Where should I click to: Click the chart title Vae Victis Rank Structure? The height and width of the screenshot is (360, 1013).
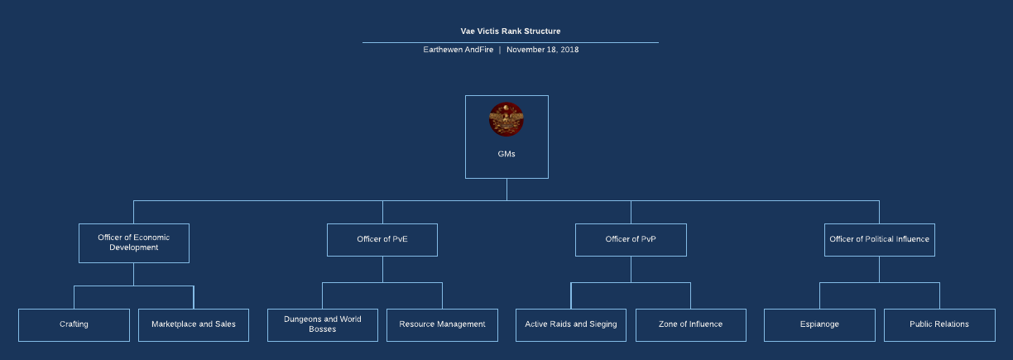coord(510,31)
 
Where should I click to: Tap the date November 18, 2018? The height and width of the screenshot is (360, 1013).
coord(542,50)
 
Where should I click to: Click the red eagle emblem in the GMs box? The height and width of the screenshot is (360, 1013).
coord(506,120)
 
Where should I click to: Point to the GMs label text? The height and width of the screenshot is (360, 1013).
coord(506,154)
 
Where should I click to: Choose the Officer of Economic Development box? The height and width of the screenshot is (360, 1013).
coord(134,242)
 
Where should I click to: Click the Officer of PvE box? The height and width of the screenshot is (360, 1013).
coord(382,239)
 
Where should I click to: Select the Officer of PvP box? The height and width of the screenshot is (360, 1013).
coord(631,239)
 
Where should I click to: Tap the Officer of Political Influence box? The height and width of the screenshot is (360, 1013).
coord(879,239)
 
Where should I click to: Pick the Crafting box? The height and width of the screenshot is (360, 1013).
coord(74,324)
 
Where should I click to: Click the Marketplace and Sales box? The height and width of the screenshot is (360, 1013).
coord(194,324)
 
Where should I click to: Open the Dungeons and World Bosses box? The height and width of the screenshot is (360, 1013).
coord(323,324)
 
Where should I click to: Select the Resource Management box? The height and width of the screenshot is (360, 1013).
coord(442,324)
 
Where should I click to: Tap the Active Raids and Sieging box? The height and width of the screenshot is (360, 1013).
coord(571,324)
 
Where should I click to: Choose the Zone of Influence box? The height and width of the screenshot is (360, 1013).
coord(690,324)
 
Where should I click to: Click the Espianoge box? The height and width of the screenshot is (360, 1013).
coord(819,324)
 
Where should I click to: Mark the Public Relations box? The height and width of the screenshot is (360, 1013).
coord(939,324)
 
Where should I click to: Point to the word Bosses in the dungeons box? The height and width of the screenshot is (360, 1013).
coord(323,329)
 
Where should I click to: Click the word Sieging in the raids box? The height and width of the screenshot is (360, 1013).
coord(601,324)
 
